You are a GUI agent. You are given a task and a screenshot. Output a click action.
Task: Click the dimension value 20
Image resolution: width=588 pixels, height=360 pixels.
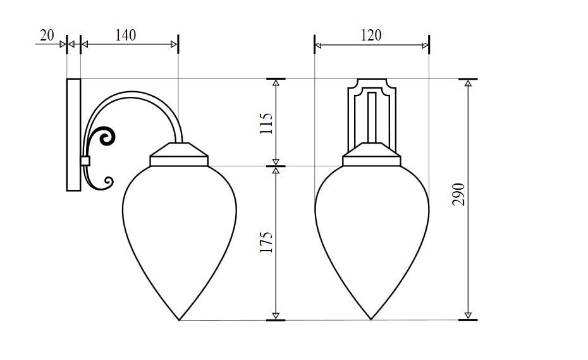[47, 35]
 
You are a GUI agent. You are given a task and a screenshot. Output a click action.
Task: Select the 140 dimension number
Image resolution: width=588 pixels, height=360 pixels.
[125, 35]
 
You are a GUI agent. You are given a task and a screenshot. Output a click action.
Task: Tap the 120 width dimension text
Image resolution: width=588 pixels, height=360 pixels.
[371, 35]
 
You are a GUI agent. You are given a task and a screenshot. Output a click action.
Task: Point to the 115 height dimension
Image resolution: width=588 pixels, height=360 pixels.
[266, 123]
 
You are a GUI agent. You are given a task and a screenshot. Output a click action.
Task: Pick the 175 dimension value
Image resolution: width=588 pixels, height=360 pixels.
[266, 243]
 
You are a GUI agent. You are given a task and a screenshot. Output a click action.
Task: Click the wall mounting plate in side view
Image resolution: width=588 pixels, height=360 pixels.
[73, 134]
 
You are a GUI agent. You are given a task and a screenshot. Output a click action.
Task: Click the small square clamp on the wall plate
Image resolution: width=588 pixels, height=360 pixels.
[85, 161]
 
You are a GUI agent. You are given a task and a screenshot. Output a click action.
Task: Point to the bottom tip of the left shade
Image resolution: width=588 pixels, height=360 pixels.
[180, 320]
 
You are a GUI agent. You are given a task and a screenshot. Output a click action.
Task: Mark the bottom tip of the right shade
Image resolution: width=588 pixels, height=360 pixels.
[371, 320]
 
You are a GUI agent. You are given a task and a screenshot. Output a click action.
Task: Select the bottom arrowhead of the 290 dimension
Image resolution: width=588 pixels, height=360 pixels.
[468, 315]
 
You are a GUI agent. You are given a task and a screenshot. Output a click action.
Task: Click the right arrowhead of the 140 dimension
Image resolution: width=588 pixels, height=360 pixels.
[174, 44]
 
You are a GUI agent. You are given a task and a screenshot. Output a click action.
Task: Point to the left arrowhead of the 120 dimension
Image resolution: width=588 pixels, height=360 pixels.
[319, 45]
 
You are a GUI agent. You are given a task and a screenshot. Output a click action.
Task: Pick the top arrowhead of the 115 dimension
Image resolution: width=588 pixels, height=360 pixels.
[276, 83]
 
